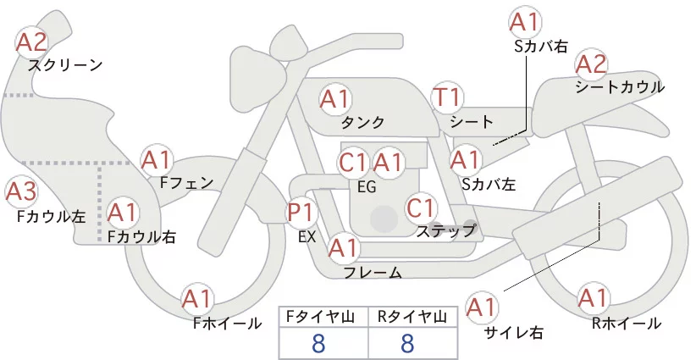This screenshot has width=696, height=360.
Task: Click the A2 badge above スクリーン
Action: pos(33,42)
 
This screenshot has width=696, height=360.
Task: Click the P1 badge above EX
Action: pos(301,212)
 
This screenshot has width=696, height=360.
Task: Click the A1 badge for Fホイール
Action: pos(198,299)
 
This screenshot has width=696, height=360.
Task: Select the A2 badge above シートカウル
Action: pos(591,64)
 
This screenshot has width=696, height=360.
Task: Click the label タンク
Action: pos(362,122)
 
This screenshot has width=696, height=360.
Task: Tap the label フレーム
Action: pos(373,272)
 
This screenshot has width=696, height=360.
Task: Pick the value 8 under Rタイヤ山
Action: pos(407,343)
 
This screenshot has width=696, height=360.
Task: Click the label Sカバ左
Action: pos(489,182)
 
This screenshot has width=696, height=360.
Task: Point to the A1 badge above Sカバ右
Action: pos(523,20)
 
